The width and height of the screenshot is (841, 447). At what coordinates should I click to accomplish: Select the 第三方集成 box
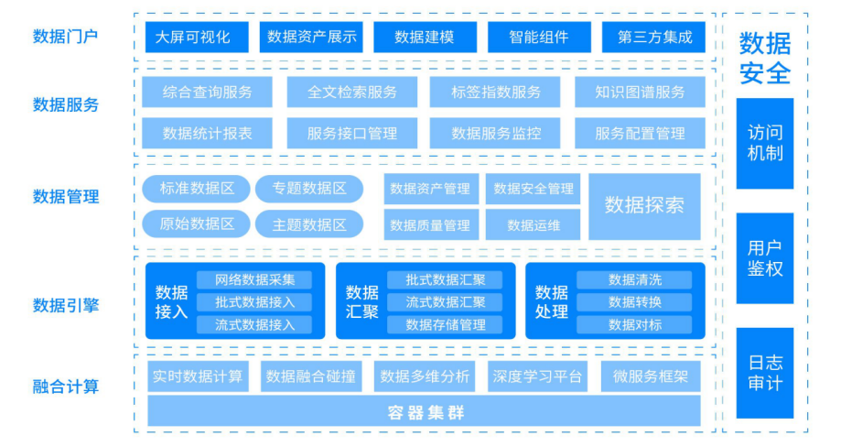653,38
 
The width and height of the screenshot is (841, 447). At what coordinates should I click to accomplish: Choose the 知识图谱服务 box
640,92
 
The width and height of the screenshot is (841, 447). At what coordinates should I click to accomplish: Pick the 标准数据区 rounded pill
196,189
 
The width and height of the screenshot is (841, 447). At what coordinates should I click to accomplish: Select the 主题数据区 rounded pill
309,224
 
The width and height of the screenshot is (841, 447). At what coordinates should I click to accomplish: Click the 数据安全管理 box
533,189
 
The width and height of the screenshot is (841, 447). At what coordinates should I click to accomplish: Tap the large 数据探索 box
644,206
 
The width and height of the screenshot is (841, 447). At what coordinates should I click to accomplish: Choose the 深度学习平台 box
537,376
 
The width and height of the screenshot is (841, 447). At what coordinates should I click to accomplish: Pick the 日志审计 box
765,373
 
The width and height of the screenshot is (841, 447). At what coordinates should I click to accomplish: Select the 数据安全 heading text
765,57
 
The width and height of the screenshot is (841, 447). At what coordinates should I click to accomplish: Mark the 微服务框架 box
651,376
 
